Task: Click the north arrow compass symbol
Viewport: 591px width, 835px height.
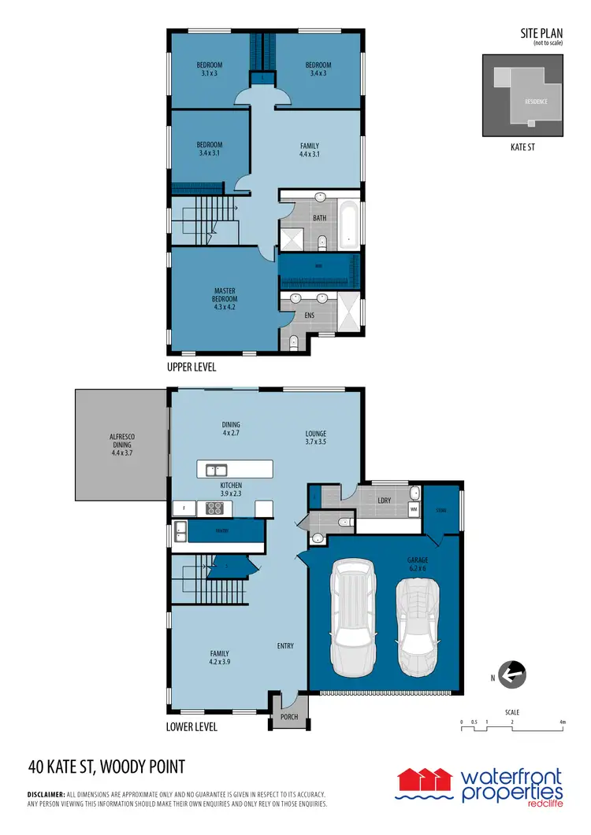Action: click(x=513, y=674)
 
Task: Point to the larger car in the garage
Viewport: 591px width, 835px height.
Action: click(x=353, y=617)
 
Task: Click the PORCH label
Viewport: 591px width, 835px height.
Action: click(x=289, y=718)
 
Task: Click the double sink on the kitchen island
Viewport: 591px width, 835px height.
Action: click(x=217, y=471)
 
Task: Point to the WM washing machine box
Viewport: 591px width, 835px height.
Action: click(x=413, y=509)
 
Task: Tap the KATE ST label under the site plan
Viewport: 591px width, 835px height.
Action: click(x=522, y=146)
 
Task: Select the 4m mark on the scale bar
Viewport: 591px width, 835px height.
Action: click(x=562, y=722)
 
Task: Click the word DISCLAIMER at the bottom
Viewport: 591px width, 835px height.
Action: click(x=49, y=795)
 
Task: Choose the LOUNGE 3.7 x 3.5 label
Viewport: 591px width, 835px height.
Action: click(x=316, y=438)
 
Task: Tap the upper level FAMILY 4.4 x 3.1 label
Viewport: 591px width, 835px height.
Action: click(x=310, y=150)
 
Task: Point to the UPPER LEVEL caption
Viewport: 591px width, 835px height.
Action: click(x=191, y=368)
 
